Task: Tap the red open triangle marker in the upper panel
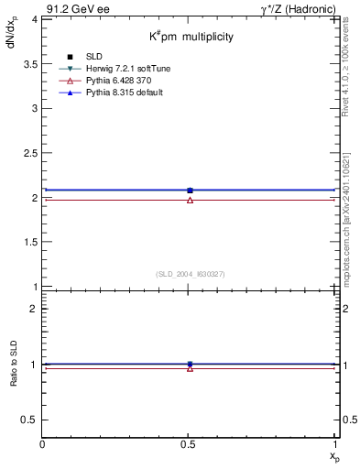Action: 190,200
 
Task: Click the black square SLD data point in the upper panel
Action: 190,191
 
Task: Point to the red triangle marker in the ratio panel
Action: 190,368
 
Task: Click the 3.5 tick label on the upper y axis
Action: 31,63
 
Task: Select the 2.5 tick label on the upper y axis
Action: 31,153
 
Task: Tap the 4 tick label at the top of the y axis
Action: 35,18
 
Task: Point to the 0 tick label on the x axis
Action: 43,443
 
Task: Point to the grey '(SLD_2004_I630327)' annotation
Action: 190,274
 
